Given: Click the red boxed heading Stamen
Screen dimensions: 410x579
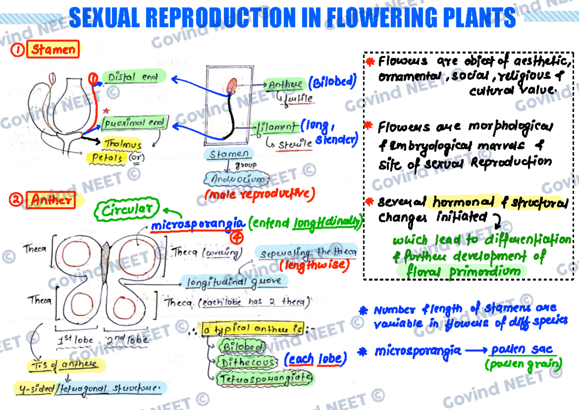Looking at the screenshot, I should pyautogui.click(x=53, y=49).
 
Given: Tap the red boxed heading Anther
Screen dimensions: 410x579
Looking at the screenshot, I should pyautogui.click(x=51, y=200).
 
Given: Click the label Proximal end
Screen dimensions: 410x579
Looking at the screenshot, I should pyautogui.click(x=136, y=123).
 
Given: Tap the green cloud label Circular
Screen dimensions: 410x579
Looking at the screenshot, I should pyautogui.click(x=129, y=210).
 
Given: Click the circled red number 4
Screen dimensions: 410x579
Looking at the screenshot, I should pyautogui.click(x=236, y=237).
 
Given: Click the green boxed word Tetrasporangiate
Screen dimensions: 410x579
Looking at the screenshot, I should pyautogui.click(x=265, y=378).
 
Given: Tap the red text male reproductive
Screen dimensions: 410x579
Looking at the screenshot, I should pyautogui.click(x=259, y=195).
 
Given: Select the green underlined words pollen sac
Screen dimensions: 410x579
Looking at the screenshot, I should pyautogui.click(x=521, y=350).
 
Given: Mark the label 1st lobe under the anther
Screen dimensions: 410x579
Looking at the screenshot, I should pyautogui.click(x=75, y=339).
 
